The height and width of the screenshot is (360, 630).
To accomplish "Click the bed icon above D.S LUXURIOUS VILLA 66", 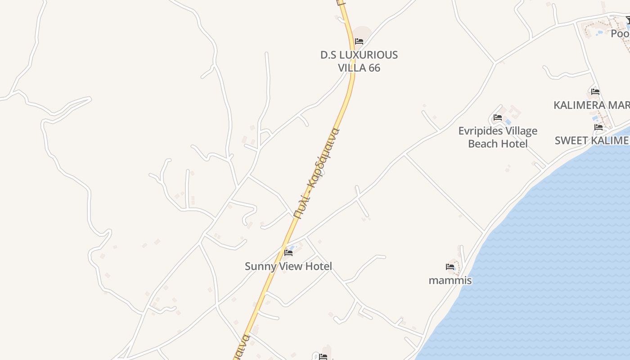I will [x=359, y=41].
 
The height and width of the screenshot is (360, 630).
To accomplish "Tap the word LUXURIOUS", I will [x=368, y=55].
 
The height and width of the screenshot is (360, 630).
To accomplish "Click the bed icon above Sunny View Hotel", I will [x=288, y=252].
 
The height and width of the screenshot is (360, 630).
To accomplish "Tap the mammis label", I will [x=450, y=280].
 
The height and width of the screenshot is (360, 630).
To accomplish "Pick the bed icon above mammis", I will [x=450, y=267].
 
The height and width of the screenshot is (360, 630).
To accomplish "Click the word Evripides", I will [x=480, y=131].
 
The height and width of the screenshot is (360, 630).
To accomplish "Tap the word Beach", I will [x=483, y=144].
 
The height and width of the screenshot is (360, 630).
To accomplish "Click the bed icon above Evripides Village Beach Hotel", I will [x=497, y=117].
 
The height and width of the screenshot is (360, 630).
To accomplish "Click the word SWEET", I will [x=570, y=140].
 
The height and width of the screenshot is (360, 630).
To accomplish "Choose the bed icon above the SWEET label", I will [x=598, y=127].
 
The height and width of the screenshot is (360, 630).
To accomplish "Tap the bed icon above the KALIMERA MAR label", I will [x=595, y=92].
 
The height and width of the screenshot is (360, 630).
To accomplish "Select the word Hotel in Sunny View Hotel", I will [x=318, y=266].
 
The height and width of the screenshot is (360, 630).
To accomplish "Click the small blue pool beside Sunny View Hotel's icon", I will [x=293, y=247].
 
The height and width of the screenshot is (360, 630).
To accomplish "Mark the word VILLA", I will [x=352, y=68].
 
